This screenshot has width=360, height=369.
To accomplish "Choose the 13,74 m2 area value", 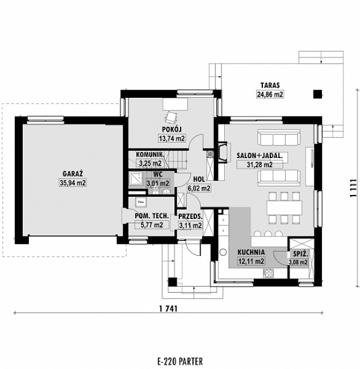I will click(x=171, y=138).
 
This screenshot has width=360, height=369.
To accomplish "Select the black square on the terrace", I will click(x=317, y=93).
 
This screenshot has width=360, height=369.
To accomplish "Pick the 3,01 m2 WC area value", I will click(x=158, y=183).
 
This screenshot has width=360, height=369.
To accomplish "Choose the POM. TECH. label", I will click(x=150, y=217).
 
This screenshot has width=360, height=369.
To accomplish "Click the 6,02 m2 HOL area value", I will click(x=199, y=188).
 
